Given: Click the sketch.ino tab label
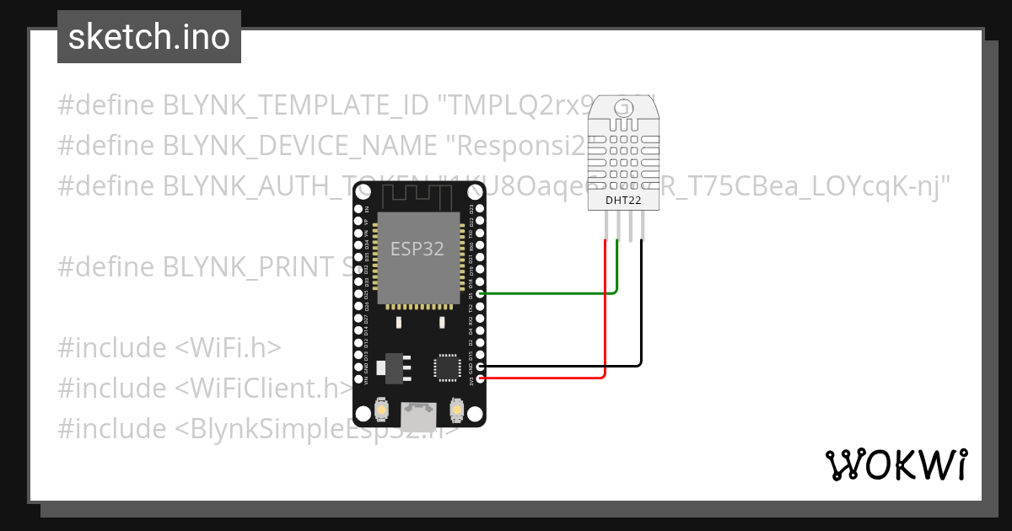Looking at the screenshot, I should tap(148, 37).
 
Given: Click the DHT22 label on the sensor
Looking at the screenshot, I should tap(624, 201).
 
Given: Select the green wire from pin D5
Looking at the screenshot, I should tap(548, 293).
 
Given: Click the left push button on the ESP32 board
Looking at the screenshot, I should tap(382, 410).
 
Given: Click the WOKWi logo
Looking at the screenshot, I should tap(896, 464).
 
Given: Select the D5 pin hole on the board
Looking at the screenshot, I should tap(481, 293).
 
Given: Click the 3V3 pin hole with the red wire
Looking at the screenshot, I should tap(481, 378).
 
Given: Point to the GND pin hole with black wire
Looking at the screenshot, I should tap(481, 367).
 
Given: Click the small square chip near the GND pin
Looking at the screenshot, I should tap(445, 367).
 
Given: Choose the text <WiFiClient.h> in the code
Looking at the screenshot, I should tap(264, 389).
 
